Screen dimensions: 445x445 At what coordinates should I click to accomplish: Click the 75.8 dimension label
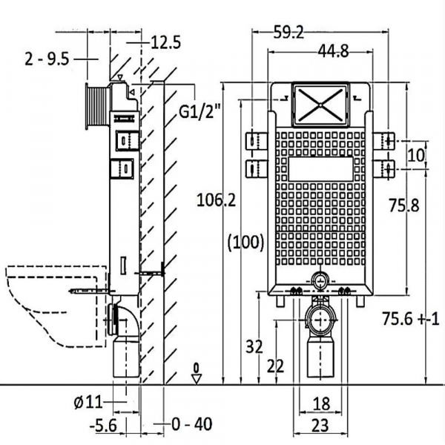(405, 206)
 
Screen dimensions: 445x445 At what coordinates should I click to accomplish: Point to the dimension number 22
(276, 366)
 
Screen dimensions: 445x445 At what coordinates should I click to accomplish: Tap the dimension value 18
(320, 404)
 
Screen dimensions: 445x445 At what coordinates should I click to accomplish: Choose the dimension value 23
(320, 426)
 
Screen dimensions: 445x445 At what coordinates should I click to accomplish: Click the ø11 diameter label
(88, 403)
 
